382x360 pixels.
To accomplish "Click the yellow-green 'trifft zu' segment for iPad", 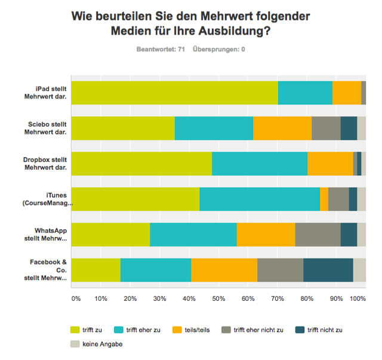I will (174, 93).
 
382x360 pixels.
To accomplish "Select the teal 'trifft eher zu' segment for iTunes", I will (259, 199).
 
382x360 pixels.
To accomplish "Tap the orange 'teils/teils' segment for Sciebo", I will (282, 128).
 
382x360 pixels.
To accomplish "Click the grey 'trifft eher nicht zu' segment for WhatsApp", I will (318, 235).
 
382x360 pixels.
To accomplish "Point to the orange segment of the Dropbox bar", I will (330, 164).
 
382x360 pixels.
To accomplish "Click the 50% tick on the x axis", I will (218, 297).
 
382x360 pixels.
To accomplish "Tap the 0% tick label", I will (76, 297).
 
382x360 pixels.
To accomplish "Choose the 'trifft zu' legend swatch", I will (75, 329).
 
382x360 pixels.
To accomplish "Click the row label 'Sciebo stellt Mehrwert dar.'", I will (48, 128).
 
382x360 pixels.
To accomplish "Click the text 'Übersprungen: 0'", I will (219, 49).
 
